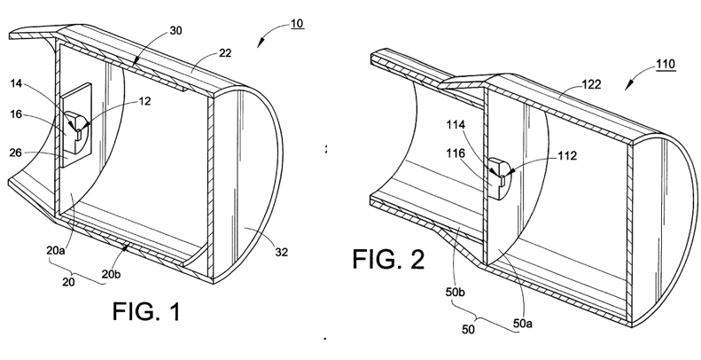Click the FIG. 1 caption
[x=146, y=311]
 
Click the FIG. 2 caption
[x=388, y=259]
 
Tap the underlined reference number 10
[x=297, y=23]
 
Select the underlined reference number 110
[x=666, y=64]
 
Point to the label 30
[x=175, y=30]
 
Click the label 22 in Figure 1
[x=225, y=53]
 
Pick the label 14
[x=16, y=83]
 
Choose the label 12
[x=144, y=101]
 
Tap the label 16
[x=16, y=114]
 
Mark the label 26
[x=16, y=153]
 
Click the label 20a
[x=56, y=250]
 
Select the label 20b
[x=112, y=274]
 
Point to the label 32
[x=281, y=252]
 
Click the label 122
[x=591, y=84]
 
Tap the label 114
[x=456, y=125]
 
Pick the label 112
[x=567, y=155]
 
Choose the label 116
[x=456, y=153]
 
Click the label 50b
[x=456, y=292]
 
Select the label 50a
[x=523, y=323]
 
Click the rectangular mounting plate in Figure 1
[x=75, y=125]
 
